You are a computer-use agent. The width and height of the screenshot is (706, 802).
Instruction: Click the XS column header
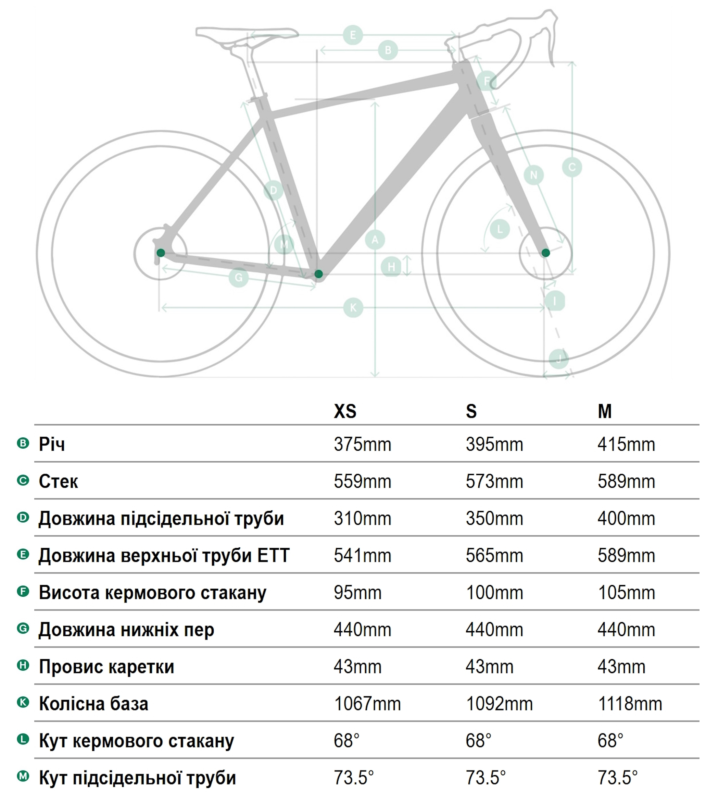pos(345,411)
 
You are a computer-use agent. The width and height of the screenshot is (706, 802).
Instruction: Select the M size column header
pos(604,411)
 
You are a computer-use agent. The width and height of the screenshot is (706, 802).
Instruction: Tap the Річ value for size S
pos(494,445)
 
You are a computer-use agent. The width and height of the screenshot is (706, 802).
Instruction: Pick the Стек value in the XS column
pos(363,482)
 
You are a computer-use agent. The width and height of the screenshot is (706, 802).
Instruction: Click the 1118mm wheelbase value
pos(630,704)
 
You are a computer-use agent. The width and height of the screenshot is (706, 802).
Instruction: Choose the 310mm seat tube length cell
pos(363,518)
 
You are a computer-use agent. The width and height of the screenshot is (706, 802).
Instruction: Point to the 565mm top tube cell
pos(494,556)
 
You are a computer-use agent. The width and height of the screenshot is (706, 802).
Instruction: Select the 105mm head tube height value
pos(626,593)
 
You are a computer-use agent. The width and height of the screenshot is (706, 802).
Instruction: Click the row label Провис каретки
pos(106,667)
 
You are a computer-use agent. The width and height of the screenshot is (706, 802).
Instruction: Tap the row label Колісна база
pos(94,704)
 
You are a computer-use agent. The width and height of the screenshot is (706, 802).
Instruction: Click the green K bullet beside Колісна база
pos(23,702)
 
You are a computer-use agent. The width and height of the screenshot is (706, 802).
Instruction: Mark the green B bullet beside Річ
pos(23,443)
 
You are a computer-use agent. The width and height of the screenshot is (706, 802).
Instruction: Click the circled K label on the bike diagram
pos(353,308)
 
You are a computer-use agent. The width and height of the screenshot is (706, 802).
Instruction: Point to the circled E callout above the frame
pos(353,35)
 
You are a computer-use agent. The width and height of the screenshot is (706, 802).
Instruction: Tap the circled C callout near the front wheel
pos(572,167)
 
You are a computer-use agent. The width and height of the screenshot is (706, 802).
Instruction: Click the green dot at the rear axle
pos(161,253)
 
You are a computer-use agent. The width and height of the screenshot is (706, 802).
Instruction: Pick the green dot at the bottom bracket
pos(319,274)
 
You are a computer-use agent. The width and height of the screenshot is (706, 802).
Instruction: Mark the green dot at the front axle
pos(546,253)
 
